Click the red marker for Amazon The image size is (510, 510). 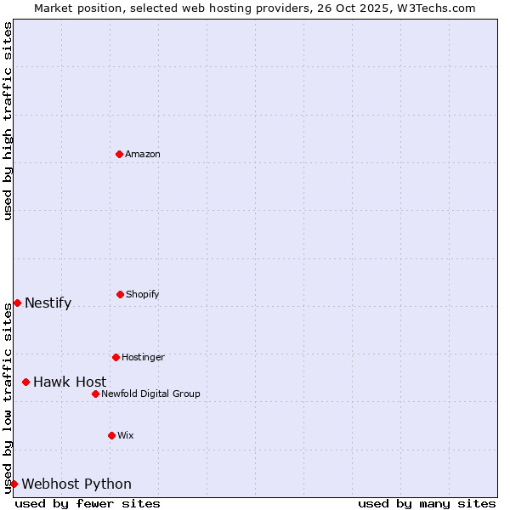point(119,154)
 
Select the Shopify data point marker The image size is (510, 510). point(120,294)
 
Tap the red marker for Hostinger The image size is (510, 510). point(116,357)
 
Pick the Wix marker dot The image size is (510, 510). point(111,435)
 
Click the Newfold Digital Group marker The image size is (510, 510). point(95,394)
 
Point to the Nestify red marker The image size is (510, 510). point(17,303)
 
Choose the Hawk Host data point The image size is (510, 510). point(25,382)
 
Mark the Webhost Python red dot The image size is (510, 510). point(14,484)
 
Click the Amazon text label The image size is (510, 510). point(143,154)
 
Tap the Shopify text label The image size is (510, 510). point(143,294)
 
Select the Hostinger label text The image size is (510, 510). point(143,357)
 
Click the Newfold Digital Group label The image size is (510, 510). point(150,394)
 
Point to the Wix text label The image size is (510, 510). point(126,435)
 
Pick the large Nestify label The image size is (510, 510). point(48,303)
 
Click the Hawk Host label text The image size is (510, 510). point(70,382)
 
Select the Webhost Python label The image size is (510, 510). point(76,484)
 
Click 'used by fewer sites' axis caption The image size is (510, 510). point(88,503)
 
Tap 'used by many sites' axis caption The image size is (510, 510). point(427,503)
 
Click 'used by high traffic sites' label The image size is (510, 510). point(8,121)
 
